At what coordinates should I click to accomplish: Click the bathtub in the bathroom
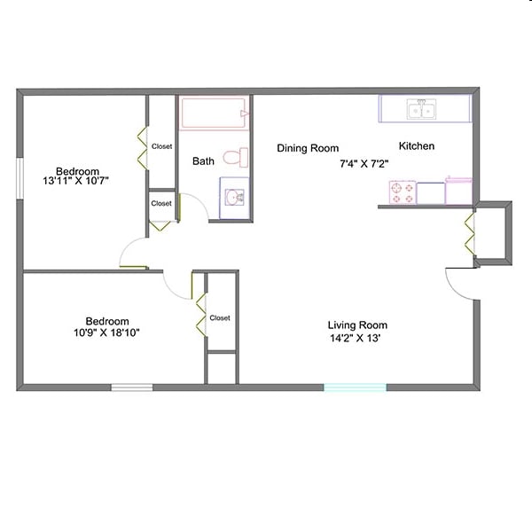pos(214,114)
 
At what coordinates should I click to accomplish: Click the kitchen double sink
pos(421,110)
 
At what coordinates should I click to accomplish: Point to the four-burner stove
pos(403,192)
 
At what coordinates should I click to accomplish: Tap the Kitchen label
pos(417,146)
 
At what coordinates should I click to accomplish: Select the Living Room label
pos(357,325)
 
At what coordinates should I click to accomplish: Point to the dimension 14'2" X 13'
pos(357,338)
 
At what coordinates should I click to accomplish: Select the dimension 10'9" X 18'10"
pos(106,333)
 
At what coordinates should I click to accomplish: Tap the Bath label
pos(204,161)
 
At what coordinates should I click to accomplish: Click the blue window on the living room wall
pos(355,387)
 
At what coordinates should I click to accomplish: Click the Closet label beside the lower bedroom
pos(220,317)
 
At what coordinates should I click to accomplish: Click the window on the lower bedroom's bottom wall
pos(131,387)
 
